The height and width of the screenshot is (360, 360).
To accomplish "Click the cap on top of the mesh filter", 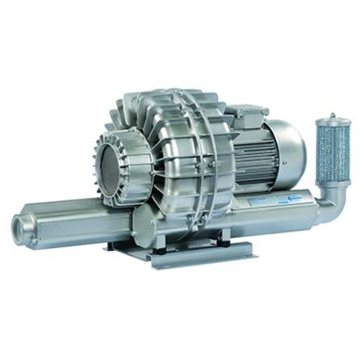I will tap(329, 119).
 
